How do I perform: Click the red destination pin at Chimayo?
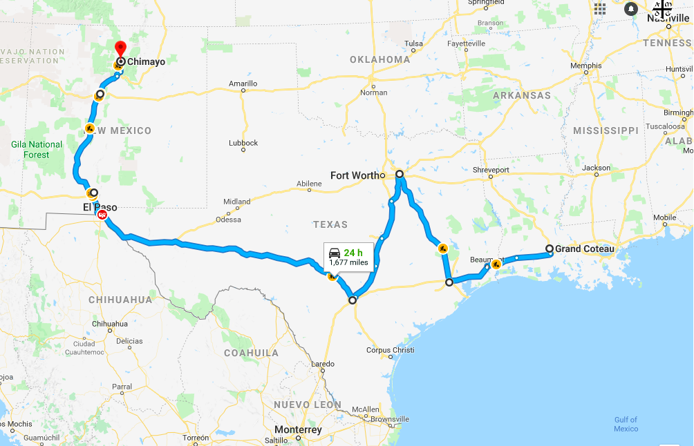tap(120, 49)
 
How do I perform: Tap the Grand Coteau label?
tap(584, 249)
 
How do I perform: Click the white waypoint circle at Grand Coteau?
tap(550, 249)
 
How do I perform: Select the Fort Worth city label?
tap(355, 175)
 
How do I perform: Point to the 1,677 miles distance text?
tap(348, 262)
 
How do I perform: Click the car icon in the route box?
tap(335, 252)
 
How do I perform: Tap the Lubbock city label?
tap(243, 143)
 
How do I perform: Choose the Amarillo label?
tap(243, 84)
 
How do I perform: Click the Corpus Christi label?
tap(391, 350)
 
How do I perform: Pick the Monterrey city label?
tap(298, 430)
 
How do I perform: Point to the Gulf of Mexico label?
tap(626, 424)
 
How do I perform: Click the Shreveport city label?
tap(491, 170)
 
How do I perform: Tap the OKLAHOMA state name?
tap(379, 59)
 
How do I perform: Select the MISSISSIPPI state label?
tap(606, 130)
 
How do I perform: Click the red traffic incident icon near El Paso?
tap(102, 215)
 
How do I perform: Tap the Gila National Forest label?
tap(37, 150)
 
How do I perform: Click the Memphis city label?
tap(585, 66)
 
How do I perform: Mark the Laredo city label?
tap(323, 364)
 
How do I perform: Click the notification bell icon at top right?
tap(631, 9)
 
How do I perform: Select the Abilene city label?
tap(309, 184)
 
